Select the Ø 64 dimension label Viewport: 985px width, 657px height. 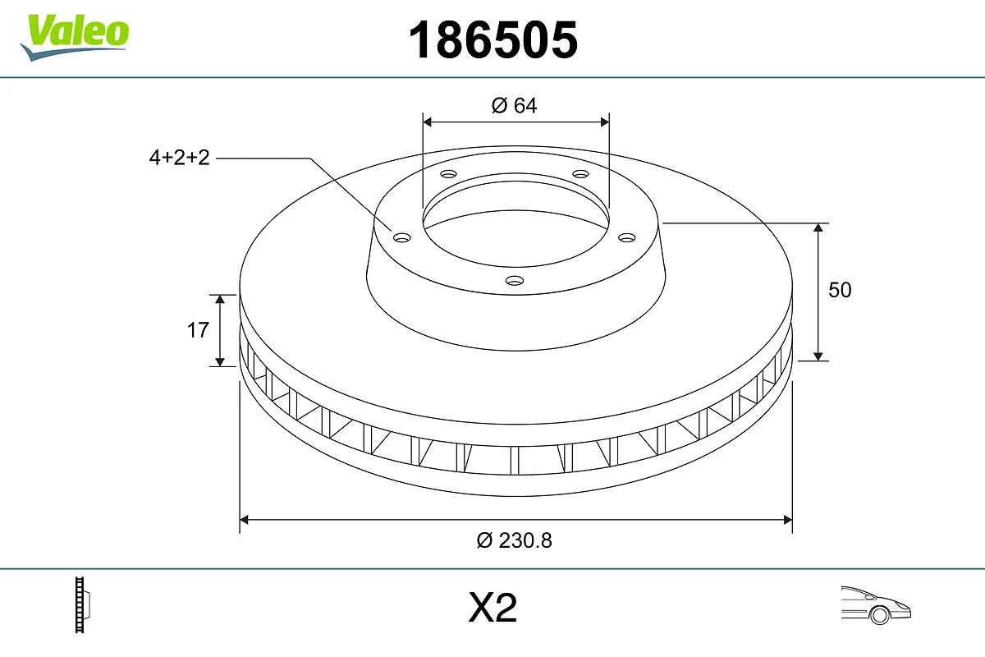coord(515,105)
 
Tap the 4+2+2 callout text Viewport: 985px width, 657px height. coord(180,158)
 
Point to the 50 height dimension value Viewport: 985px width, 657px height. coord(840,290)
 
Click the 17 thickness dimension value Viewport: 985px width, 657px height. coord(198,330)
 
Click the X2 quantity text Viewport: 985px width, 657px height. coord(492,609)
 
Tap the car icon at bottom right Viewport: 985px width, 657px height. coord(875,604)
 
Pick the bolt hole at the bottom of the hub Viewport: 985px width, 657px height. coord(515,281)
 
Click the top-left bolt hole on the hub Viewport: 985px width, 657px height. coord(448,174)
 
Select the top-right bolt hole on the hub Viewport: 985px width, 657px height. coord(581,174)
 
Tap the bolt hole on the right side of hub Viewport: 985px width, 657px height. coord(627,237)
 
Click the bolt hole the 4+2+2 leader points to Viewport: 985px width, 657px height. coord(401,237)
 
